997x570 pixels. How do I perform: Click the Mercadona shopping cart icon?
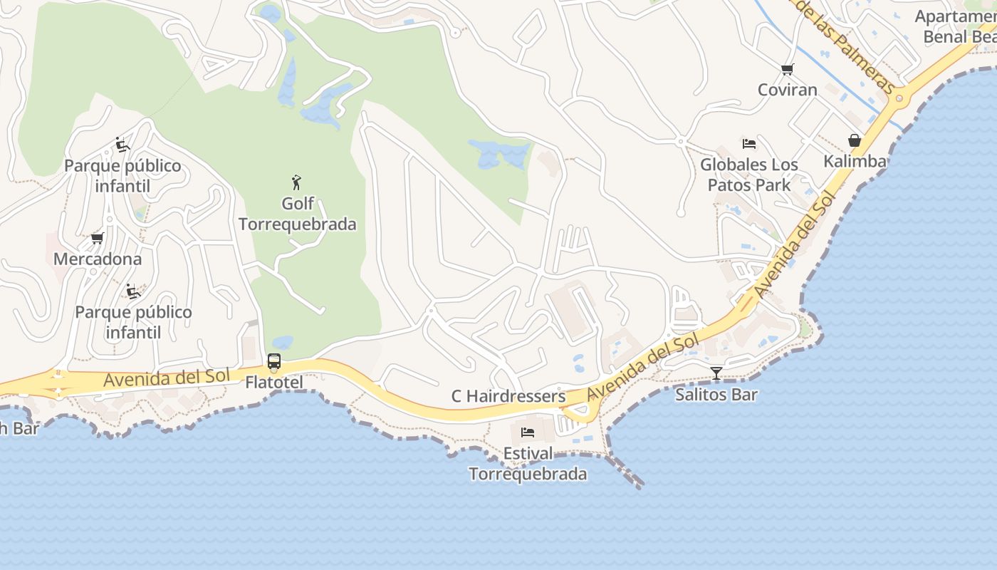pyautogui.click(x=98, y=238)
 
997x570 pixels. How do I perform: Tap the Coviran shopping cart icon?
pyautogui.click(x=787, y=69)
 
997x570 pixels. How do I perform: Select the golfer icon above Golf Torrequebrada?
pyautogui.click(x=297, y=182)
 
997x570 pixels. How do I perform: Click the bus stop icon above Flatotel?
pyautogui.click(x=274, y=361)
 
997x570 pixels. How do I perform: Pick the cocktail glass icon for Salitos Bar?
pyautogui.click(x=716, y=373)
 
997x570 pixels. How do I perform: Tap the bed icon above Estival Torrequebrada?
pyautogui.click(x=528, y=432)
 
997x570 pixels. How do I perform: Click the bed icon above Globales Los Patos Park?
pyautogui.click(x=748, y=144)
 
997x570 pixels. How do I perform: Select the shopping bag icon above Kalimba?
pyautogui.click(x=855, y=140)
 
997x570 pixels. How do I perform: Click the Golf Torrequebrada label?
pyautogui.click(x=298, y=214)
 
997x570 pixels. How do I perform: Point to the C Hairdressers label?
pyautogui.click(x=508, y=396)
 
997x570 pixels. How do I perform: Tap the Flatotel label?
pyautogui.click(x=274, y=383)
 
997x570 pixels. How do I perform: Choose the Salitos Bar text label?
pyautogui.click(x=716, y=394)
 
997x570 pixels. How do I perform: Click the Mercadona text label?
pyautogui.click(x=98, y=259)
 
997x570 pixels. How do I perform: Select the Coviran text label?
pyautogui.click(x=787, y=90)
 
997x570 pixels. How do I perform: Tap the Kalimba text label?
pyautogui.click(x=855, y=161)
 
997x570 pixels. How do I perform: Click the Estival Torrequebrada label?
pyautogui.click(x=528, y=464)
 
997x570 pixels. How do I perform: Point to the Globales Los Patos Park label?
pyautogui.click(x=749, y=175)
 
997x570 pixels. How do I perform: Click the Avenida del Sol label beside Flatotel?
pyautogui.click(x=166, y=378)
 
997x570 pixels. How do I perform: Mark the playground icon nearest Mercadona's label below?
pyautogui.click(x=132, y=291)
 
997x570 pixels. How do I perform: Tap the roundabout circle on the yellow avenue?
pyautogui.click(x=899, y=98)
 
